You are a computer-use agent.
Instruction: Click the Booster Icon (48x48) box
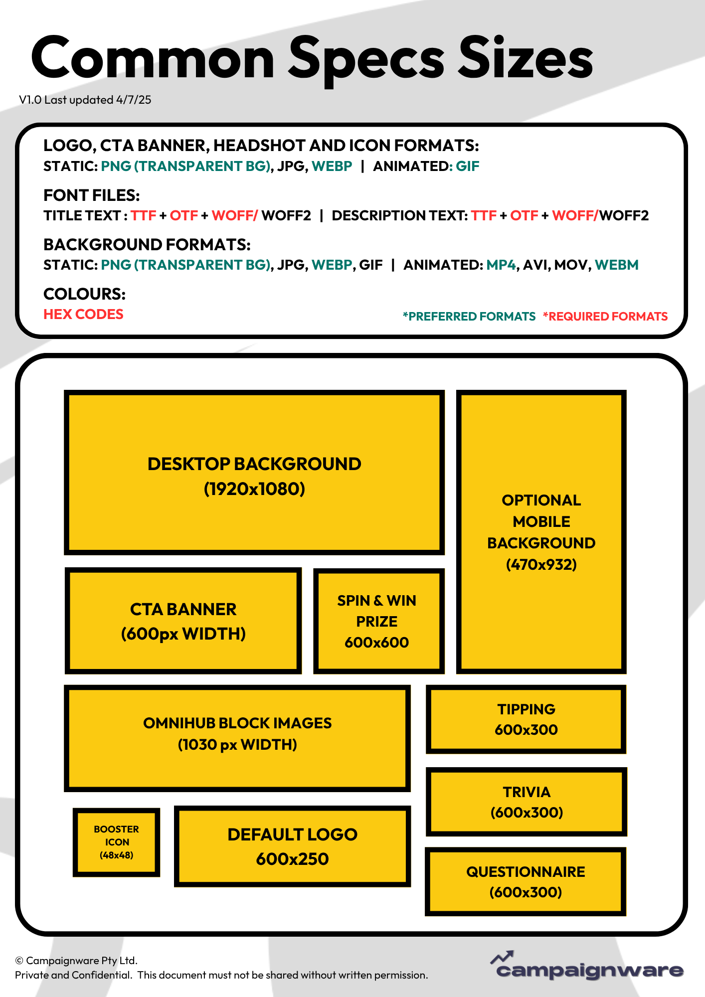(116, 842)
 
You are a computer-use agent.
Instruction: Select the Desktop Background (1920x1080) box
(254, 473)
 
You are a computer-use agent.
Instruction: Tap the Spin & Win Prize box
(379, 621)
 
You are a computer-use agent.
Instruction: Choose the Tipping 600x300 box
(526, 719)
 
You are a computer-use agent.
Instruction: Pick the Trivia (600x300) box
(526, 802)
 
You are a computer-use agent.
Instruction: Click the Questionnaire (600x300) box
(526, 881)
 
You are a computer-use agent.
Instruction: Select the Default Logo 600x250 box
(292, 846)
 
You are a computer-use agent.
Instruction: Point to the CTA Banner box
(183, 621)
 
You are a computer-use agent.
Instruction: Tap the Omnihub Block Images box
(237, 738)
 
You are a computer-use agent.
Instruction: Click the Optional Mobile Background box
(541, 532)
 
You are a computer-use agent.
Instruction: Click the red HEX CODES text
(83, 314)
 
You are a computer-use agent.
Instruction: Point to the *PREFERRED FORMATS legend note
(469, 317)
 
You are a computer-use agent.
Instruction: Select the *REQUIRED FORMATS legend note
(605, 317)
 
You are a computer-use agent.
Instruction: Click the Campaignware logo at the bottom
(587, 966)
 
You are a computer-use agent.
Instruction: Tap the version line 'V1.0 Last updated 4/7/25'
(85, 100)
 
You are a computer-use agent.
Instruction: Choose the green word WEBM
(617, 265)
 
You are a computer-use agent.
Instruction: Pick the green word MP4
(501, 265)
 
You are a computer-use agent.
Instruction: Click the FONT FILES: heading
(92, 195)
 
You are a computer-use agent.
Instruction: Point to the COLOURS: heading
(84, 294)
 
